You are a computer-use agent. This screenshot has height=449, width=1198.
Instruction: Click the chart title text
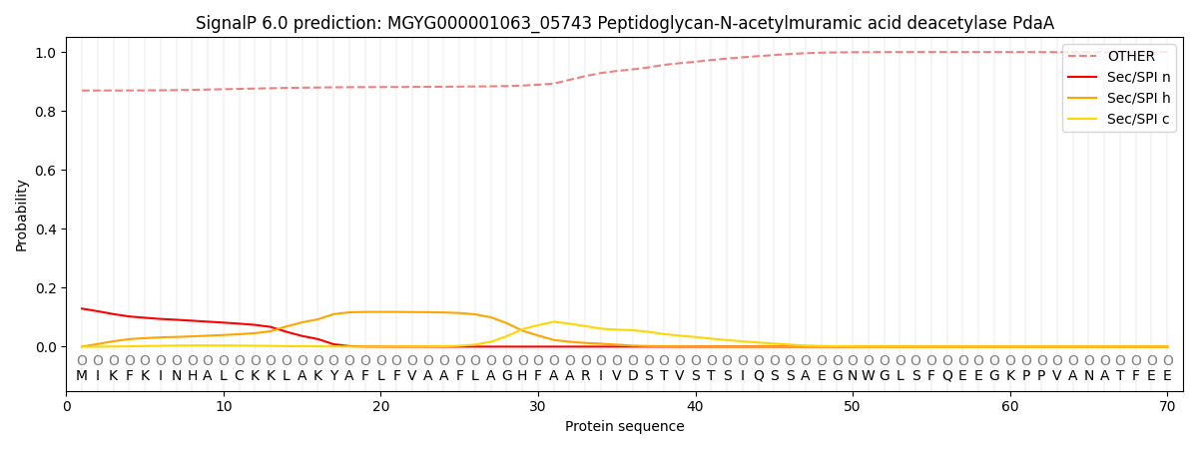tap(624, 23)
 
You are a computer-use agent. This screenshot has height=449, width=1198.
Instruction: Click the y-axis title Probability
tap(22, 215)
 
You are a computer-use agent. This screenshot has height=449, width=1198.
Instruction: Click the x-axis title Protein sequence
tap(624, 426)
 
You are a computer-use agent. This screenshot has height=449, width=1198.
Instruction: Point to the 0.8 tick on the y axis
tap(47, 112)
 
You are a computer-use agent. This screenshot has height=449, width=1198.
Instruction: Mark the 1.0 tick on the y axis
tap(47, 52)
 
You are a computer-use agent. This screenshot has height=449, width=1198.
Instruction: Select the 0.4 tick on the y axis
tap(47, 229)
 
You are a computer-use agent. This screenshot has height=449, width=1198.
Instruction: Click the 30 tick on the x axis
tap(538, 406)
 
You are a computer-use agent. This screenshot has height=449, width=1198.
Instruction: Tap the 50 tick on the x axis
tap(853, 406)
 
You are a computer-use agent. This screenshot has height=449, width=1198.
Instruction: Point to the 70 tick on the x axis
tap(1167, 406)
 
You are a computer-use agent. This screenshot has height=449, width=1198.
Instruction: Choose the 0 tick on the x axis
tap(67, 406)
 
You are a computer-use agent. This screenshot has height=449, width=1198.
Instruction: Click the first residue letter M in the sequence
tap(82, 376)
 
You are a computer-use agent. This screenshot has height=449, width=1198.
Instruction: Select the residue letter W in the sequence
tap(869, 376)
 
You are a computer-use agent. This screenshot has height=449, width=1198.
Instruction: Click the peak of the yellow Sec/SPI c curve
tap(554, 321)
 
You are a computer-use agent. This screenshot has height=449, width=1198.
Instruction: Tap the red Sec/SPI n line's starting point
tap(82, 308)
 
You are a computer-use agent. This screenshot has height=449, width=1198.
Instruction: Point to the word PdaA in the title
tap(1032, 23)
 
